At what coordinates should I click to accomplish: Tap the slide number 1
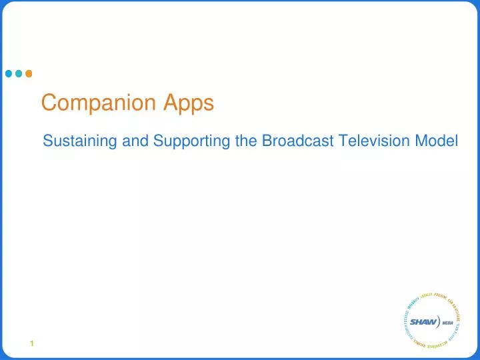point(31,343)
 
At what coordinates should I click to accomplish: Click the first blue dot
point(9,73)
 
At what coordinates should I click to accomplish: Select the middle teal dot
point(19,73)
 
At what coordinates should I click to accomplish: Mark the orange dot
point(28,73)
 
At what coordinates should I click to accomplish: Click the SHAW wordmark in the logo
point(423,322)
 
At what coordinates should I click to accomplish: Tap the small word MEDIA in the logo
point(447,323)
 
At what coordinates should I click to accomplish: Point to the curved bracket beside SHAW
point(438,321)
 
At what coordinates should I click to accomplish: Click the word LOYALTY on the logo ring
point(427,295)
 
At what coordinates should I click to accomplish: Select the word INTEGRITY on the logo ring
point(413,303)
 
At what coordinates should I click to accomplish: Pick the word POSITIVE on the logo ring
point(440,295)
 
